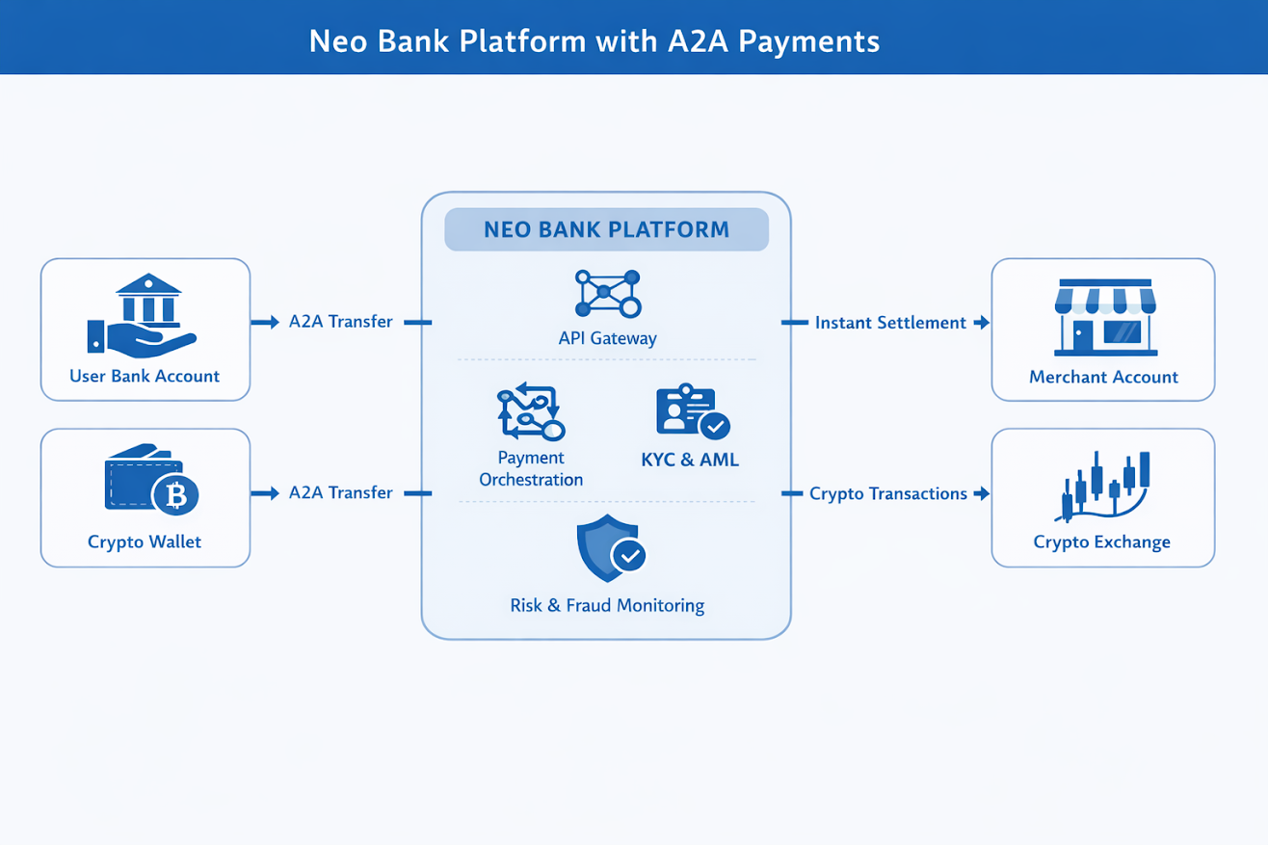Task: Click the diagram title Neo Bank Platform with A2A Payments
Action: (x=594, y=41)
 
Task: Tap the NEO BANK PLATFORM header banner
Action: (x=606, y=230)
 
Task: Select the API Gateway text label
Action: (x=607, y=338)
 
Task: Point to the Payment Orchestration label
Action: (x=531, y=468)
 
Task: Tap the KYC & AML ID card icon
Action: (x=692, y=412)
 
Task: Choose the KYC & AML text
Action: (x=690, y=460)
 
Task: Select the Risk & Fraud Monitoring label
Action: (x=607, y=606)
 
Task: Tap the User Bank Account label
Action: (x=145, y=376)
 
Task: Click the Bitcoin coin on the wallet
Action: (x=175, y=495)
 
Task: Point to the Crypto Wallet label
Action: (x=145, y=541)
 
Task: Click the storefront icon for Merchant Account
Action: (x=1103, y=316)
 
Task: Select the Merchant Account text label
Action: (x=1103, y=377)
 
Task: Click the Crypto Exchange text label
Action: (x=1102, y=541)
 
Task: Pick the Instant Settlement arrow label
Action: (x=890, y=323)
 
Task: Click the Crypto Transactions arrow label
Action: (x=887, y=493)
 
